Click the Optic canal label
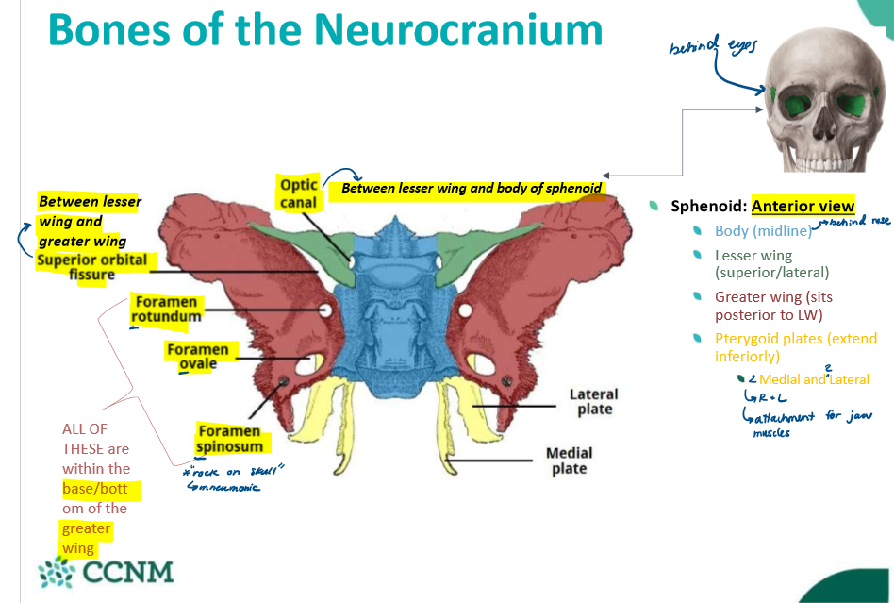[299, 193]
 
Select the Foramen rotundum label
[166, 309]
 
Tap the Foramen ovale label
[197, 357]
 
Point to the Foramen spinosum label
[229, 437]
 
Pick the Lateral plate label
[593, 401]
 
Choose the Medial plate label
[569, 461]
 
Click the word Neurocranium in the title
[459, 29]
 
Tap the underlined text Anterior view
[803, 206]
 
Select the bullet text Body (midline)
[762, 231]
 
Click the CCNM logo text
[127, 573]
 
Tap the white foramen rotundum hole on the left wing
[325, 310]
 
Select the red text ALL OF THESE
[95, 438]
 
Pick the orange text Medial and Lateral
[814, 379]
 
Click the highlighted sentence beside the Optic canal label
[471, 188]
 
